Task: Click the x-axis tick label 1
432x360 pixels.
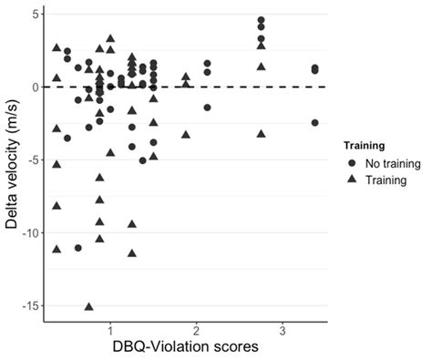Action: pos(110,328)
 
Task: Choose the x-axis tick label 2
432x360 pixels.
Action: pos(196,328)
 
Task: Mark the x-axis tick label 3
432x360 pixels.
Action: pos(283,328)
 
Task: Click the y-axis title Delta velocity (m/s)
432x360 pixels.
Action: pos(11,160)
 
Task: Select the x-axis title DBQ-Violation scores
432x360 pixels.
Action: pos(186,347)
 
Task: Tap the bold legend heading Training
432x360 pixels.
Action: pos(367,145)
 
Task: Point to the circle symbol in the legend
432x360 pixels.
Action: pos(352,164)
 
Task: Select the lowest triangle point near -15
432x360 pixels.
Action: pos(89,306)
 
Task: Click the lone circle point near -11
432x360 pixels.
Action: pos(78,248)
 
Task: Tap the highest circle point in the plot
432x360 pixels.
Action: pos(262,20)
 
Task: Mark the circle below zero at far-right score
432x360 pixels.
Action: pos(315,123)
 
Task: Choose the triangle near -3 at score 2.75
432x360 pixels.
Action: pos(262,134)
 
